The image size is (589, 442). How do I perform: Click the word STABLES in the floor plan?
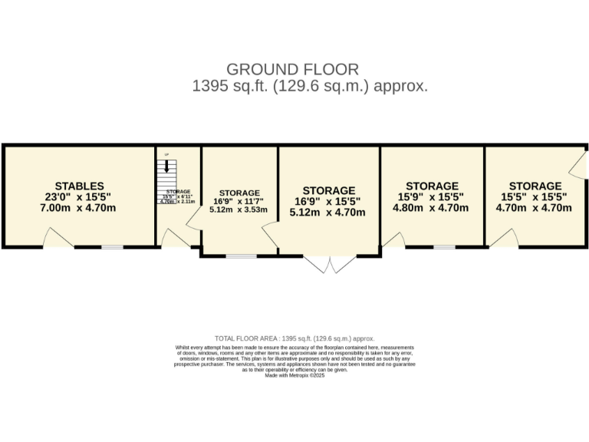(80, 186)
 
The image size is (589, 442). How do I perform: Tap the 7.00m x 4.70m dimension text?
(80, 207)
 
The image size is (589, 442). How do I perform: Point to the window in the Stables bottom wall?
(113, 247)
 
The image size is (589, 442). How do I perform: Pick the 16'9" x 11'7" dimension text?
(239, 201)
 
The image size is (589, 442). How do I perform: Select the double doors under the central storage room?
(330, 264)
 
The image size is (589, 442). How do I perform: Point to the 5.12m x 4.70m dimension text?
(328, 213)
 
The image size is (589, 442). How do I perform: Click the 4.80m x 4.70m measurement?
(432, 207)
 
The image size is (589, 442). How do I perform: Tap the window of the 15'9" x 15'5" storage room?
(443, 247)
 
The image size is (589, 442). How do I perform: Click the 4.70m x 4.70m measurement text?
(535, 207)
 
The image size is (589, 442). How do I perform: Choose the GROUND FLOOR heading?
(292, 70)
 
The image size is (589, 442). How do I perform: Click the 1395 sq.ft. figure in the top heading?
(228, 86)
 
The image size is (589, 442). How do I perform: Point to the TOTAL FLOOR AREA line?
(294, 338)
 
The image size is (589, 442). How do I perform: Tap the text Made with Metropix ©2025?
(295, 375)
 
